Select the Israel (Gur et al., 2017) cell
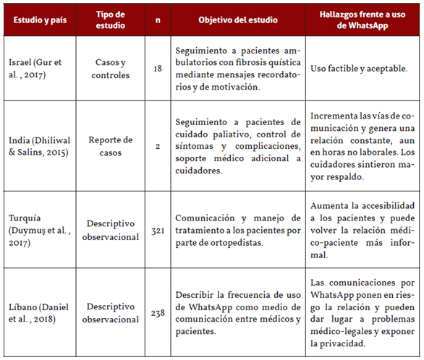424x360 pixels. [37, 69]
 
